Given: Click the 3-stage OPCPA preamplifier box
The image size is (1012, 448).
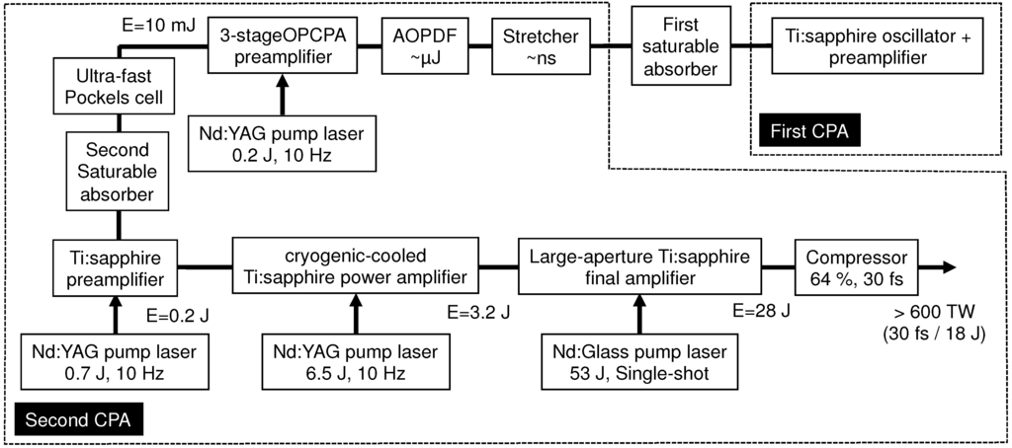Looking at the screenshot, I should point(282,45).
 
